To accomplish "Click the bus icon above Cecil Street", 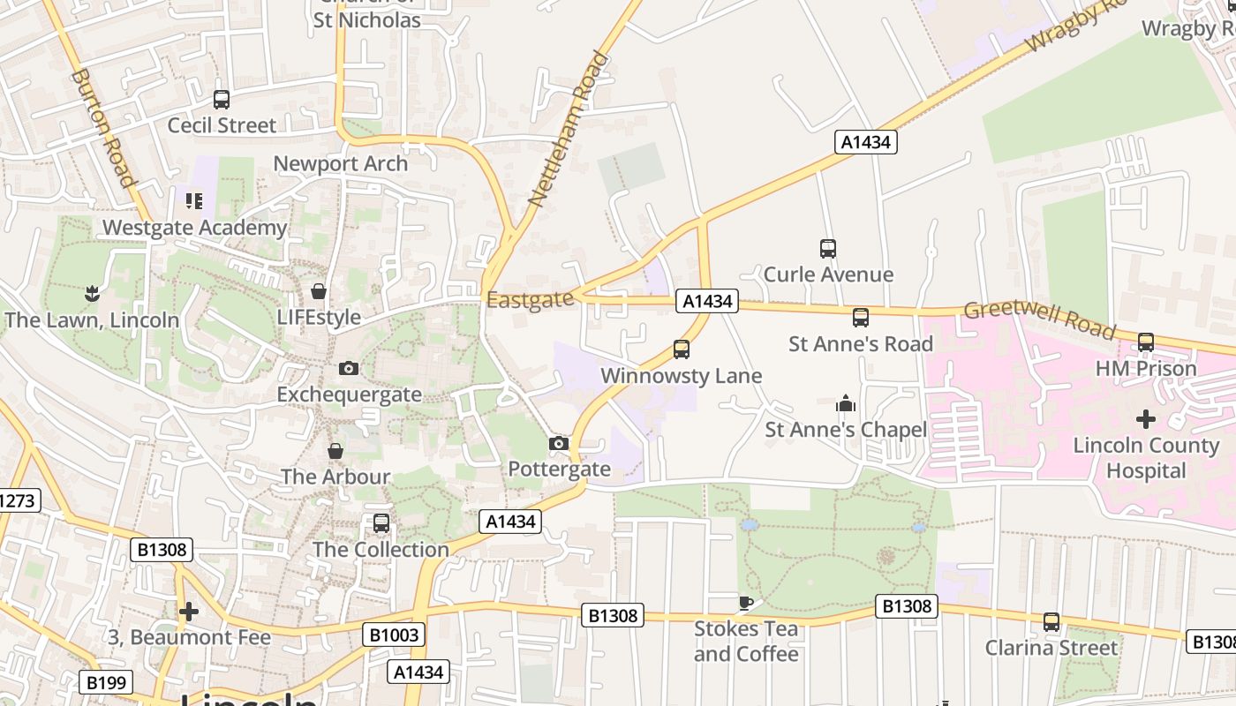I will (222, 100).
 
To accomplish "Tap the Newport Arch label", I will (340, 163).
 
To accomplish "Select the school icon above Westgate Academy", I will (194, 200).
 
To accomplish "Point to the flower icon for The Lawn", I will (92, 292).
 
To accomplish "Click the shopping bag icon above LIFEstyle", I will (319, 290).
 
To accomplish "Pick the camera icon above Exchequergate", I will (349, 368).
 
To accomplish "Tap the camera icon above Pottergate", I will (558, 443).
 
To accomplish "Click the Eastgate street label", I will (530, 300).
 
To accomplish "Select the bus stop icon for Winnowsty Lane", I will (681, 349).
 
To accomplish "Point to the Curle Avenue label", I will (828, 274).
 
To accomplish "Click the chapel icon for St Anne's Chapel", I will (846, 404).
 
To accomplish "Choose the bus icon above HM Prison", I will (1145, 342).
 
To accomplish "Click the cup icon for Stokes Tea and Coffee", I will (745, 603).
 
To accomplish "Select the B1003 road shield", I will (394, 635).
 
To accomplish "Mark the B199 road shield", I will (107, 682).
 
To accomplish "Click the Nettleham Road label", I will (569, 130).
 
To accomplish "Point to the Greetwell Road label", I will (1039, 319).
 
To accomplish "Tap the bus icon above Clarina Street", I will (1051, 622).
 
